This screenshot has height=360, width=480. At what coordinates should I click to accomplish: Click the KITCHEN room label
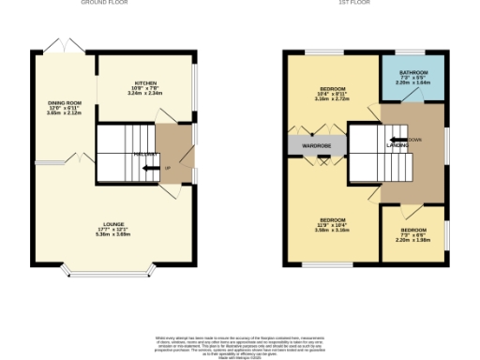[x=144, y=83]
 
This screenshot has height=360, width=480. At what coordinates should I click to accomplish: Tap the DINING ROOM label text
[x=65, y=102]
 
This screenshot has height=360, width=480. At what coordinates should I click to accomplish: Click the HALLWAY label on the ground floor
[x=144, y=154]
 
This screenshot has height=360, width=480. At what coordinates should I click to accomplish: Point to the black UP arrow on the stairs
[x=149, y=168]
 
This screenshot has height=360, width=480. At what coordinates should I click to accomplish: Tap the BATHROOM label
[x=412, y=73]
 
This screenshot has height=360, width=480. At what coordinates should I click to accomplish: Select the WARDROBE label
[x=317, y=146]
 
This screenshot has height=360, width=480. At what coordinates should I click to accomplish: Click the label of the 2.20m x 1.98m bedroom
[x=412, y=230]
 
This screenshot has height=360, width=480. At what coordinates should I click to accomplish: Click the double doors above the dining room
[x=62, y=44]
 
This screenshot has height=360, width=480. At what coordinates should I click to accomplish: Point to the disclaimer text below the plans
[x=239, y=344]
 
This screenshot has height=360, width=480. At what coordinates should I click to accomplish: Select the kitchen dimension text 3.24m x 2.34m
[x=144, y=93]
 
